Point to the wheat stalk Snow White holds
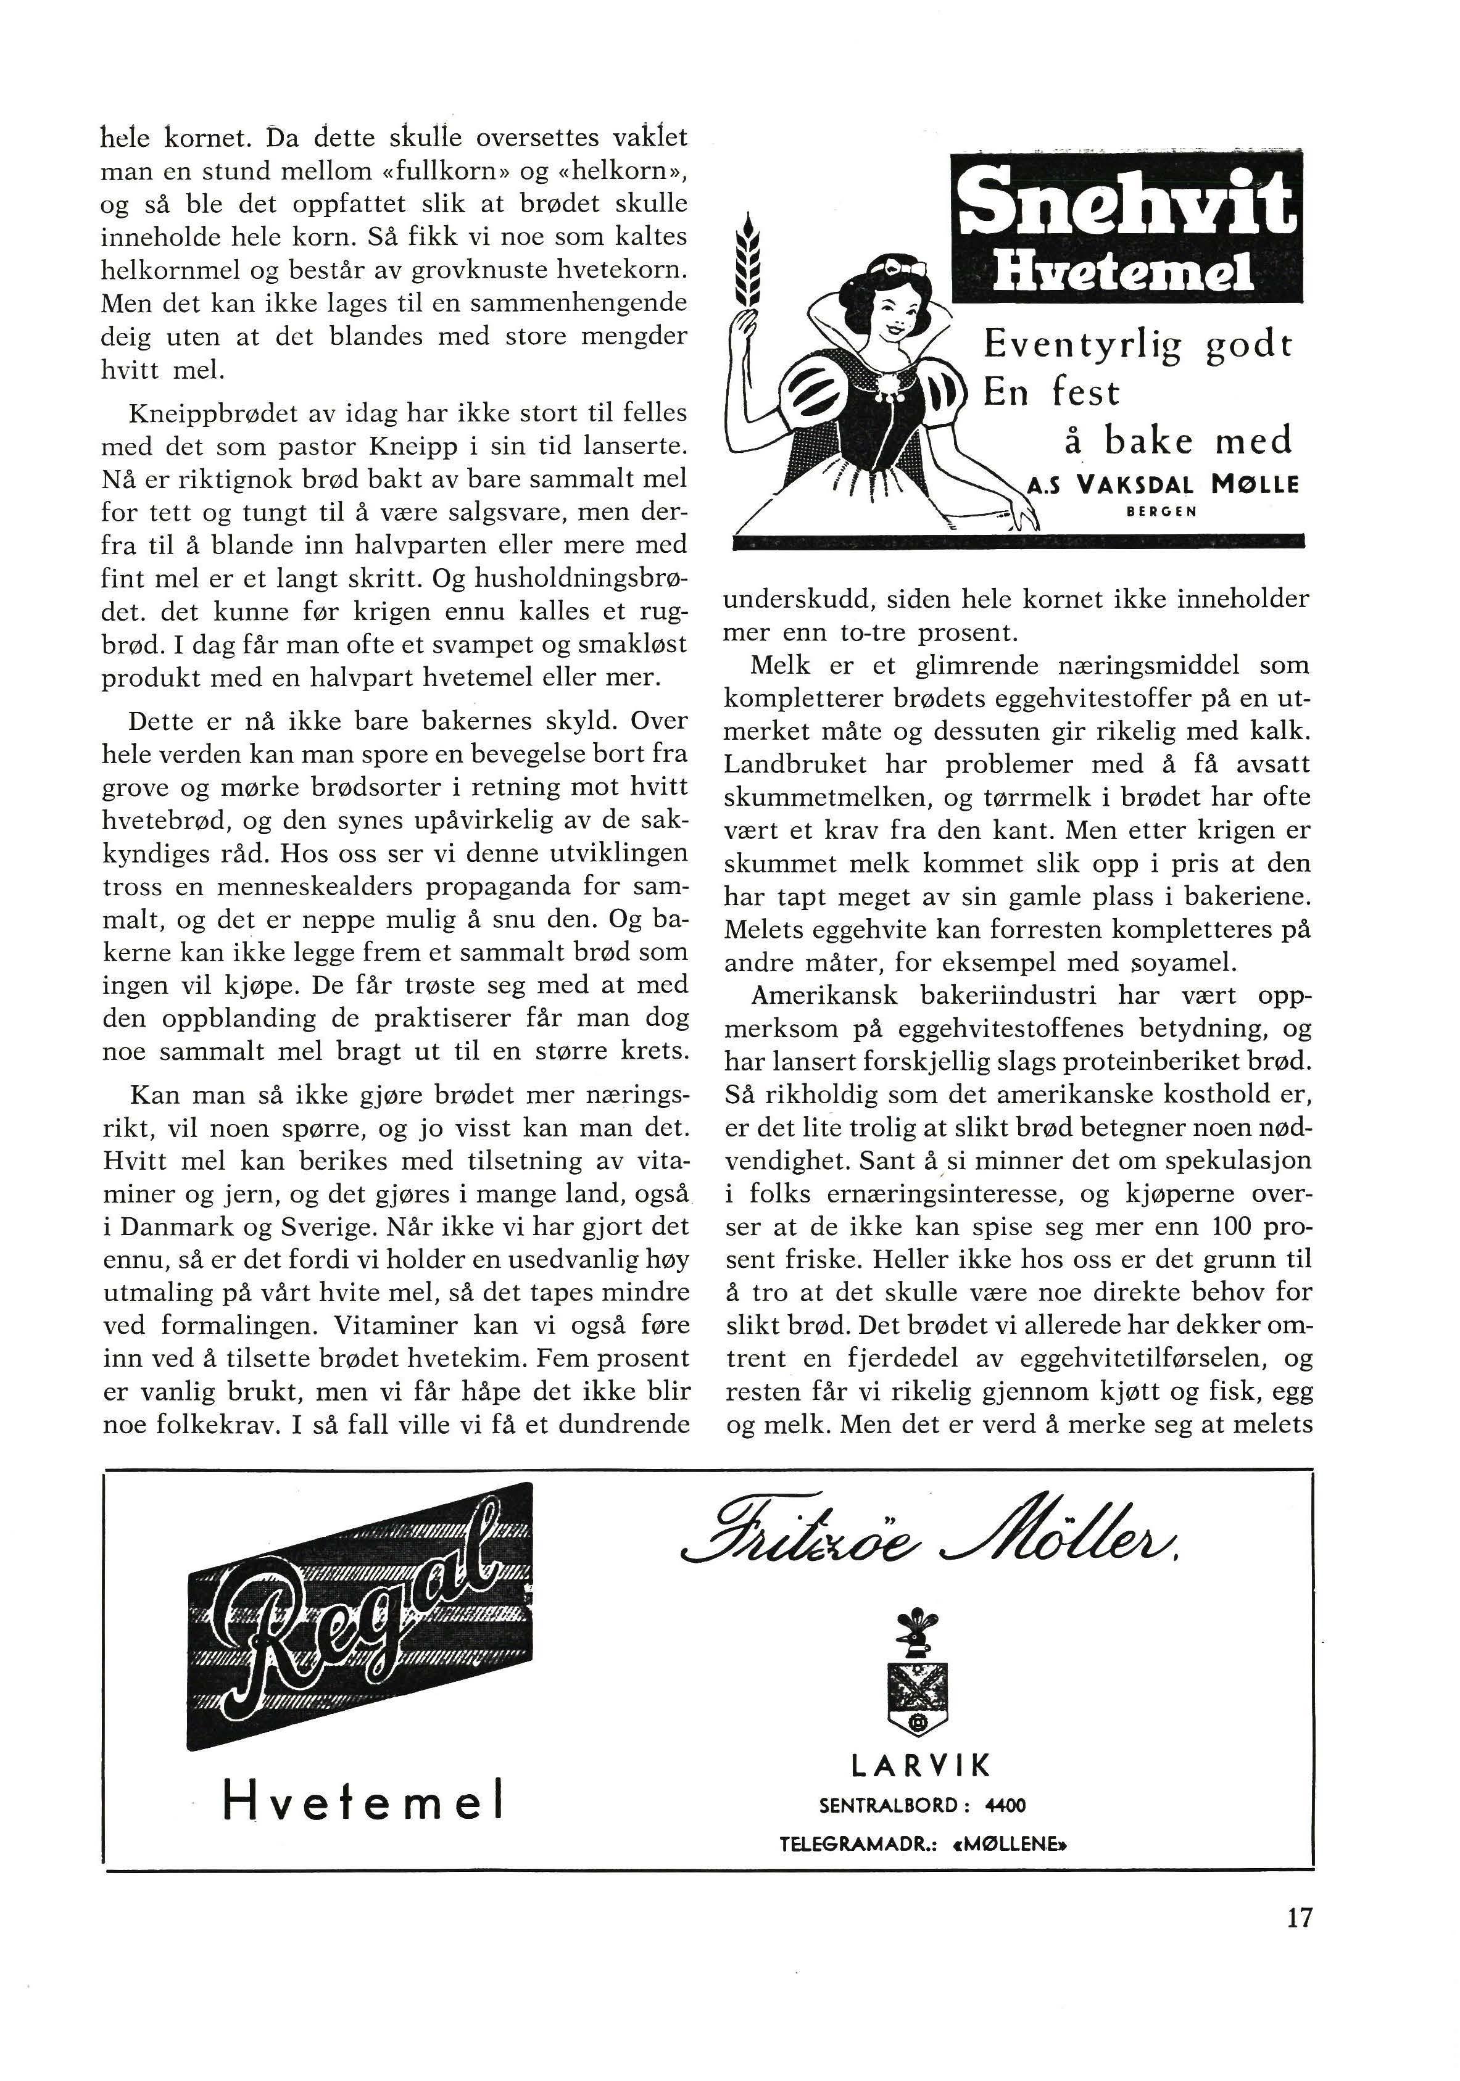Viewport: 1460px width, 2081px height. point(748,263)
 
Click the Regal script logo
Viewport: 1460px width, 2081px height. point(360,1615)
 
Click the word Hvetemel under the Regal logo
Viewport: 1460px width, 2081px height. point(362,1800)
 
